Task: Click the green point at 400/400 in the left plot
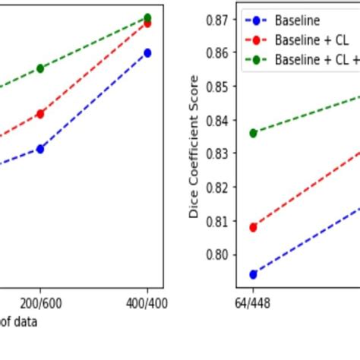(147, 17)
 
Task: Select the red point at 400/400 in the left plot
(147, 24)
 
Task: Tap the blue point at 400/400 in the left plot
(147, 53)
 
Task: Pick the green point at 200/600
(40, 68)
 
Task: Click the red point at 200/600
(40, 114)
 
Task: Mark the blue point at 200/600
(40, 149)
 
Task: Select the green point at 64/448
(253, 133)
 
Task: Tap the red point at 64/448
(253, 227)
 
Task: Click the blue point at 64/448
(253, 274)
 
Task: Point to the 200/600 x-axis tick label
(40, 302)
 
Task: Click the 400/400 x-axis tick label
(147, 302)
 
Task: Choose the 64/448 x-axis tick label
(253, 302)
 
